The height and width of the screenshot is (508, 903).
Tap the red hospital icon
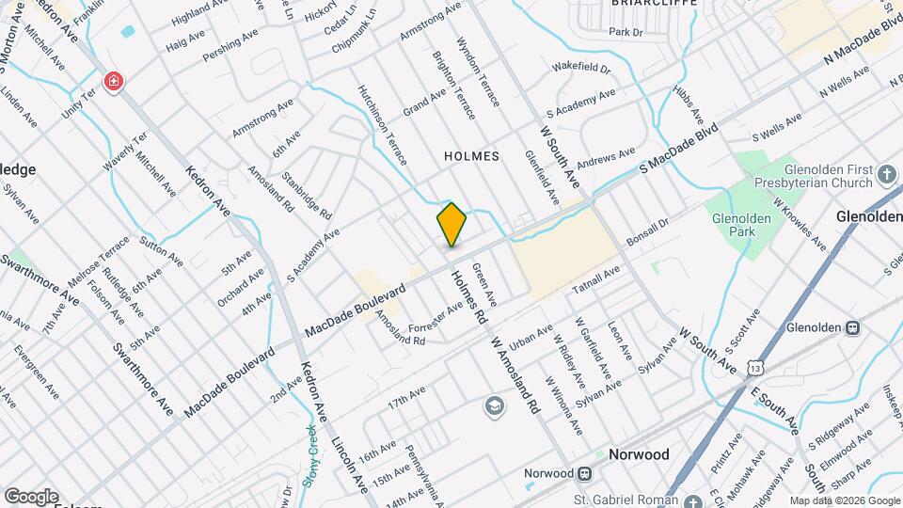pyautogui.click(x=114, y=82)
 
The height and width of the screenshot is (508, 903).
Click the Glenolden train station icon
pyautogui.click(x=853, y=328)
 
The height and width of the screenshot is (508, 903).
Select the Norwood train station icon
pyautogui.click(x=584, y=472)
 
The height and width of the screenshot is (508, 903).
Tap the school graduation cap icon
pyautogui.click(x=493, y=405)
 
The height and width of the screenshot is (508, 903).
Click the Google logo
pyautogui.click(x=31, y=496)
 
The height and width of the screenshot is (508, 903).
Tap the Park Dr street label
pyautogui.click(x=625, y=32)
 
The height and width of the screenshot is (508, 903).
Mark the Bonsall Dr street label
pyautogui.click(x=646, y=235)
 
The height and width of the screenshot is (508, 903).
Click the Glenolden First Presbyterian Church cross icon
pyautogui.click(x=886, y=173)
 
